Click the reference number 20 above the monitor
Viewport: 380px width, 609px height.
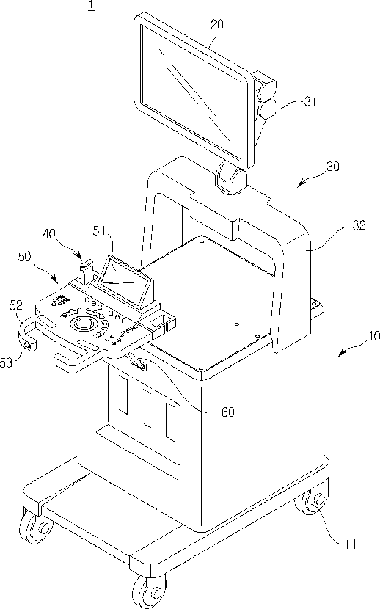(x=217, y=25)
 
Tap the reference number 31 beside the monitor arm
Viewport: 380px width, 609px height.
(x=310, y=102)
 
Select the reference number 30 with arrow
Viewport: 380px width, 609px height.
(x=332, y=167)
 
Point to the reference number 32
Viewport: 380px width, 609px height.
(x=359, y=225)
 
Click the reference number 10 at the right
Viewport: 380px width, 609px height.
(x=374, y=335)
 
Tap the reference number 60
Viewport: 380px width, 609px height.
(x=228, y=412)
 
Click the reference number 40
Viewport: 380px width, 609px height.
(x=49, y=235)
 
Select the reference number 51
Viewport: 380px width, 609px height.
(x=99, y=231)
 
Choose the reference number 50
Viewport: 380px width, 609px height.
(x=24, y=257)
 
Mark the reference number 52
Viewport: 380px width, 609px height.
(x=16, y=306)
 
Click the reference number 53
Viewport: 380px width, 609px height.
(x=7, y=362)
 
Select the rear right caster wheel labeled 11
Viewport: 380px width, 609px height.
(x=312, y=503)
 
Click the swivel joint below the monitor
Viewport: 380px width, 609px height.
(x=231, y=178)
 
